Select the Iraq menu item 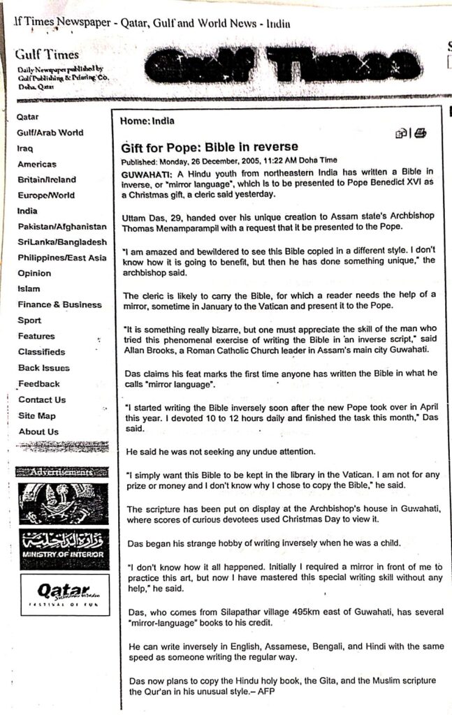26,149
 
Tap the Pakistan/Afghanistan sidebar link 62,227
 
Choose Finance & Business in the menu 59,304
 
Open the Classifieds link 41,352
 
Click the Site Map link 36,416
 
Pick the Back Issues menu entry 43,368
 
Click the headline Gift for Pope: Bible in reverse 210,147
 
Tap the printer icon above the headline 420,133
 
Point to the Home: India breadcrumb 147,121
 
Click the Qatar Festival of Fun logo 64,594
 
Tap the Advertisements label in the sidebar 63,473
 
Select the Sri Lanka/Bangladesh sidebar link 62,242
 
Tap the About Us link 38,432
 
